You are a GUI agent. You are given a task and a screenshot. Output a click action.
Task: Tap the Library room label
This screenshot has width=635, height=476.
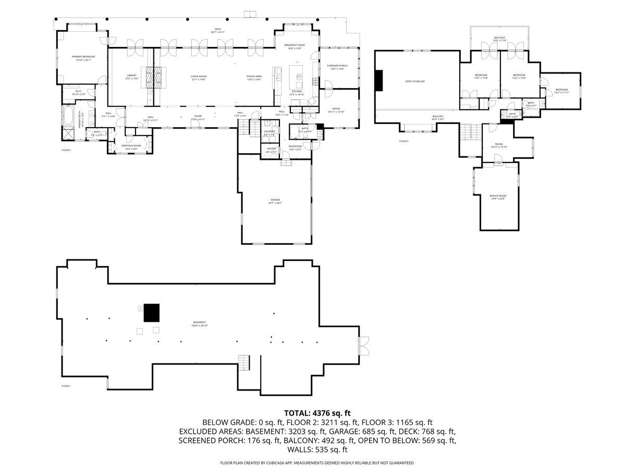click(x=131, y=76)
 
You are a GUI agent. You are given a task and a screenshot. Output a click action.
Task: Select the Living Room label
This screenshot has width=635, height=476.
click(x=199, y=77)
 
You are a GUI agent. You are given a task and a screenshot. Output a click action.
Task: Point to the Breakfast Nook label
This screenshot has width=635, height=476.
click(x=295, y=46)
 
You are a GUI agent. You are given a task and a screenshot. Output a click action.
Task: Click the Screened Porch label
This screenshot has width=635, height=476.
click(x=337, y=66)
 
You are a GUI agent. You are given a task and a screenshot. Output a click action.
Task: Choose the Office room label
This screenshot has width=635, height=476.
click(x=336, y=108)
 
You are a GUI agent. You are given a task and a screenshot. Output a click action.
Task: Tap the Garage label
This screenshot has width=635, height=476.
click(x=275, y=200)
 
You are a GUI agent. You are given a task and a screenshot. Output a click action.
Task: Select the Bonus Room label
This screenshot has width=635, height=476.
click(x=498, y=196)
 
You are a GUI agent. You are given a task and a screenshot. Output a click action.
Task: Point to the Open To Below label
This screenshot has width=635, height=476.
click(x=415, y=82)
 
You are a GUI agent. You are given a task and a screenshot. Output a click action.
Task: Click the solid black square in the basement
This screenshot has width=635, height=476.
click(x=152, y=313)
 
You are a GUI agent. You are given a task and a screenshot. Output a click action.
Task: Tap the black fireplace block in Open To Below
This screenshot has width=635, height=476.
click(x=379, y=81)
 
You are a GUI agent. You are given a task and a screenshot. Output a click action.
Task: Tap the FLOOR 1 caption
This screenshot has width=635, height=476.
click(x=66, y=386)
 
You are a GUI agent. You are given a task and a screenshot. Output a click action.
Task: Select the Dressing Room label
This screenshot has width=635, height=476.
click(x=131, y=145)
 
